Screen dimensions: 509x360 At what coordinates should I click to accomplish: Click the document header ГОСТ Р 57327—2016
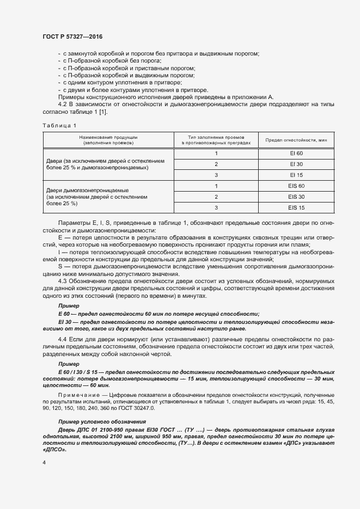(72, 36)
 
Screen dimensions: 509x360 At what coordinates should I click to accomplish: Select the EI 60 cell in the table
(296, 153)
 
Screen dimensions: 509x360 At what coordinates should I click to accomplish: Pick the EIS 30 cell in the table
(296, 197)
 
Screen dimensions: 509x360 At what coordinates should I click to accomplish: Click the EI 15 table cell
(296, 175)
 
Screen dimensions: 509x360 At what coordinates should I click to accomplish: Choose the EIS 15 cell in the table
(296, 207)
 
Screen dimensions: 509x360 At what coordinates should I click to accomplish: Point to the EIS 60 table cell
(296, 186)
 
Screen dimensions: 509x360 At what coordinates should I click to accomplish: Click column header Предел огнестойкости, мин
(296, 140)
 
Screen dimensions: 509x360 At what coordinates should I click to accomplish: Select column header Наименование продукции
(108, 137)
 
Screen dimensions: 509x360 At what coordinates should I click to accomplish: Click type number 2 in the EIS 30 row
(216, 197)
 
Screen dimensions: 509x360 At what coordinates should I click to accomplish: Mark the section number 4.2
(62, 104)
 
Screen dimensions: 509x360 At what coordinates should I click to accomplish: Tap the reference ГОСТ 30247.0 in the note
(141, 407)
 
